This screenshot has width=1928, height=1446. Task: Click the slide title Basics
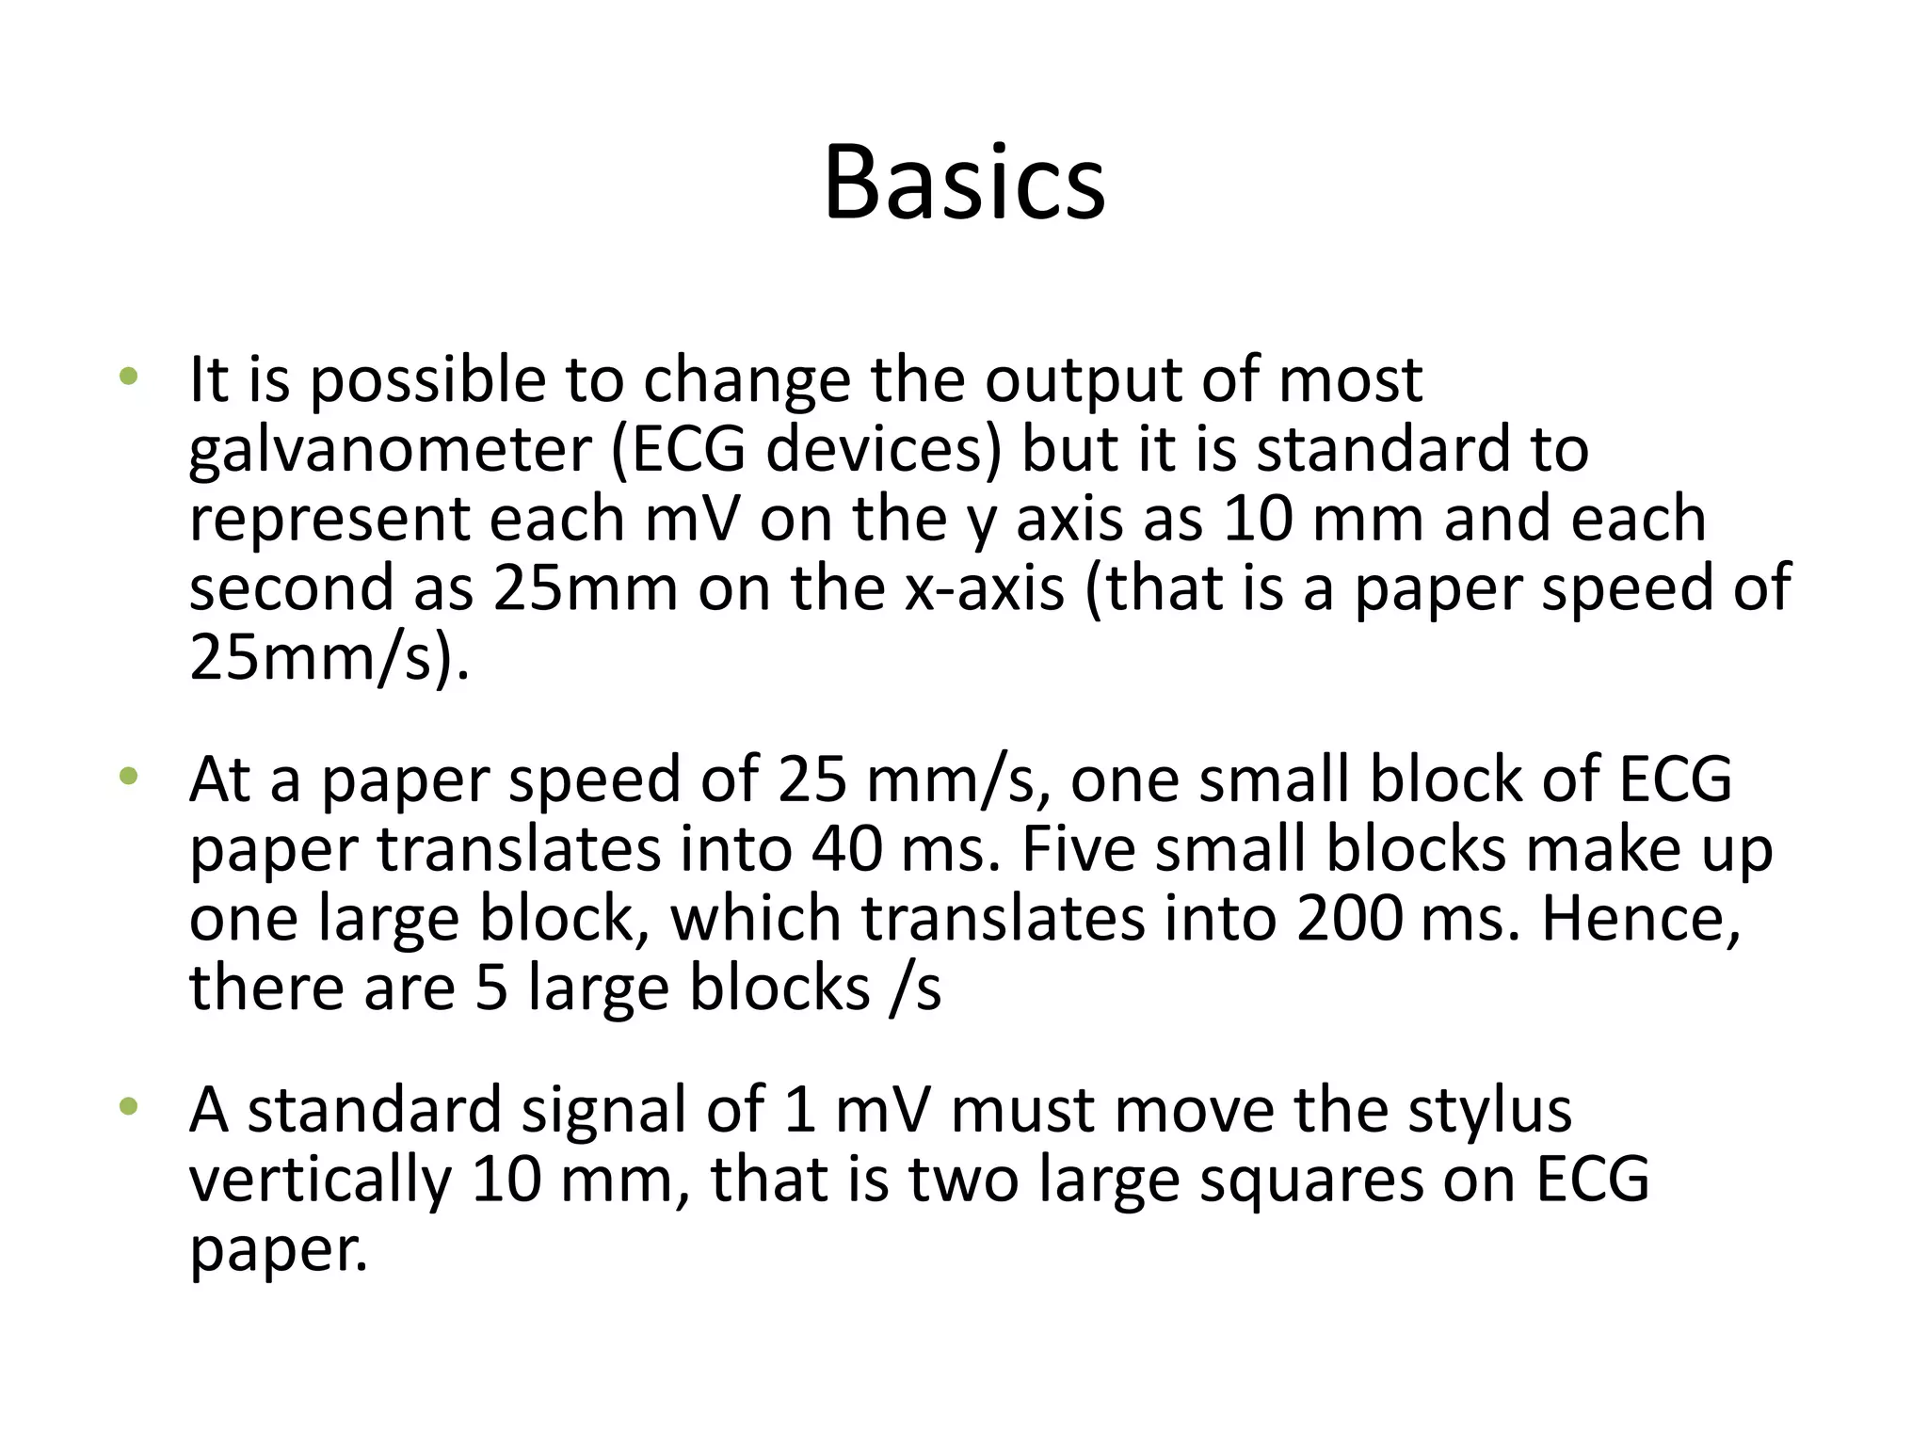tap(964, 184)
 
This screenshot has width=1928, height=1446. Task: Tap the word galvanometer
tap(389, 451)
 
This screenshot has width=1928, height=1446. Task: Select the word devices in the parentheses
tap(884, 449)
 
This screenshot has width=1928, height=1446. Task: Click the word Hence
tap(1640, 919)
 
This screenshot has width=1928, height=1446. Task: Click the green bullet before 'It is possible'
tap(128, 378)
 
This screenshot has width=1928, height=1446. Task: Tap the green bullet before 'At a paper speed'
tap(128, 778)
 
